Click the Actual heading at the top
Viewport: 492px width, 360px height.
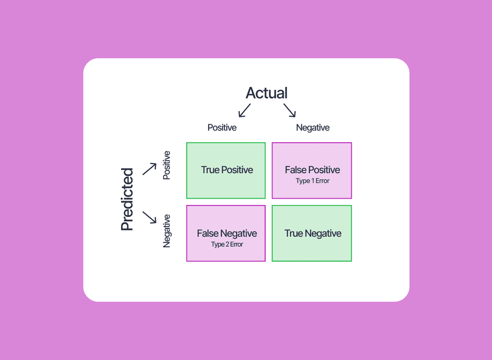(267, 93)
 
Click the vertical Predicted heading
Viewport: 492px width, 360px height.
(127, 199)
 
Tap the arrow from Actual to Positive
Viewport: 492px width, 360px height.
(245, 110)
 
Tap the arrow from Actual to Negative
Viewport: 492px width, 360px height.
(290, 110)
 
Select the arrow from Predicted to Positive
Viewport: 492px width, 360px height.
(149, 169)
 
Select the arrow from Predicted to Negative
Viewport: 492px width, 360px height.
(149, 217)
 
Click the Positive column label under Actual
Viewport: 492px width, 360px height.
(222, 128)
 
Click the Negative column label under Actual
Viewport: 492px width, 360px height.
(313, 128)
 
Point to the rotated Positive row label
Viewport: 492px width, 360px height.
(167, 166)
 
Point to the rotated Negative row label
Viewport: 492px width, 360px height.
(167, 231)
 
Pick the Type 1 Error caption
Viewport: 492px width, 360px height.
(312, 181)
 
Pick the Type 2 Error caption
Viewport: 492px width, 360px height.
(227, 244)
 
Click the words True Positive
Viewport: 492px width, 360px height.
(227, 170)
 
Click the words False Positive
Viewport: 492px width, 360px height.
(312, 170)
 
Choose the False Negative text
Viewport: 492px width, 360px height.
(227, 234)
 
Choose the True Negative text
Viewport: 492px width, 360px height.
(313, 234)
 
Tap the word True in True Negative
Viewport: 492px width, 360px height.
(294, 234)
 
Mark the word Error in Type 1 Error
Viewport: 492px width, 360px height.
(322, 181)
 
